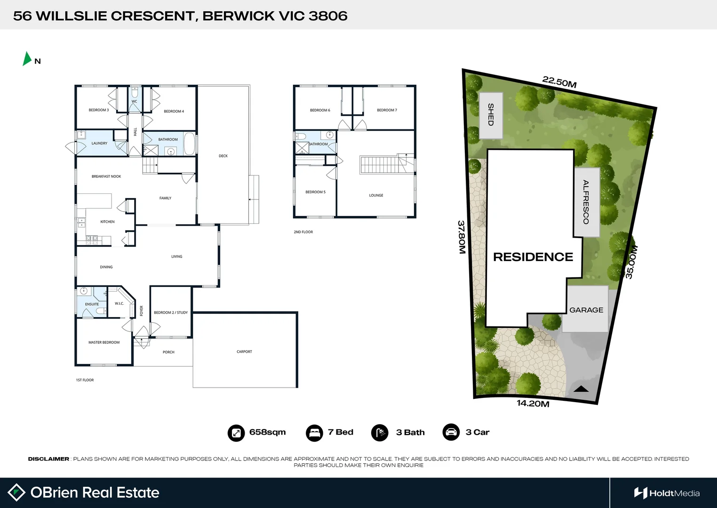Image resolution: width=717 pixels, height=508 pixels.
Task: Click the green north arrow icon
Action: pyautogui.click(x=27, y=58)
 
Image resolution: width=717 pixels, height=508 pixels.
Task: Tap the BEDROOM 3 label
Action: pyautogui.click(x=99, y=110)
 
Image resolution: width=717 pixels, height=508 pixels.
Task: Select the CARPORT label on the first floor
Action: pyautogui.click(x=244, y=352)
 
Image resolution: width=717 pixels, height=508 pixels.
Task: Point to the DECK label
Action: pyautogui.click(x=223, y=156)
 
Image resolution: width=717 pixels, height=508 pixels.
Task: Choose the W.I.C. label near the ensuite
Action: pyautogui.click(x=119, y=303)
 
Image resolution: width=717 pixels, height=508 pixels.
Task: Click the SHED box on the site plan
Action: pyautogui.click(x=491, y=115)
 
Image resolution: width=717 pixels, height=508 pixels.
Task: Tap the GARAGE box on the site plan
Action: pyautogui.click(x=586, y=310)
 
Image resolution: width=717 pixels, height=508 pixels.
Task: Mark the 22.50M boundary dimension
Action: pyautogui.click(x=559, y=82)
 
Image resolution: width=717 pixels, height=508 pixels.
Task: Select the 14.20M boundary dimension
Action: pyautogui.click(x=533, y=404)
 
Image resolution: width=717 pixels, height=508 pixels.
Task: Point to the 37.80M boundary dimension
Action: pyautogui.click(x=462, y=238)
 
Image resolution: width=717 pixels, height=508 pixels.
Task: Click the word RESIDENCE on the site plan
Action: pyautogui.click(x=533, y=257)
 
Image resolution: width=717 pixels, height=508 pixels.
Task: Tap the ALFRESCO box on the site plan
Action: pyautogui.click(x=586, y=202)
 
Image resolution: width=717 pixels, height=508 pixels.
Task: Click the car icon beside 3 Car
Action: pyautogui.click(x=451, y=432)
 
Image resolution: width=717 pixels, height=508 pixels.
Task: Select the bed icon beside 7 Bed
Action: pyautogui.click(x=314, y=433)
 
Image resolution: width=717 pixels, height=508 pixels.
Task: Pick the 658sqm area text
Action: pyautogui.click(x=267, y=432)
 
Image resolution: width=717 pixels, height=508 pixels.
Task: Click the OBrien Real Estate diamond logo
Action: pyautogui.click(x=16, y=492)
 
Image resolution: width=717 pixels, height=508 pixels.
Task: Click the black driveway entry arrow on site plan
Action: pyautogui.click(x=581, y=389)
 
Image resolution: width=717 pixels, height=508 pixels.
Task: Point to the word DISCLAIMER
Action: pyautogui.click(x=48, y=459)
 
